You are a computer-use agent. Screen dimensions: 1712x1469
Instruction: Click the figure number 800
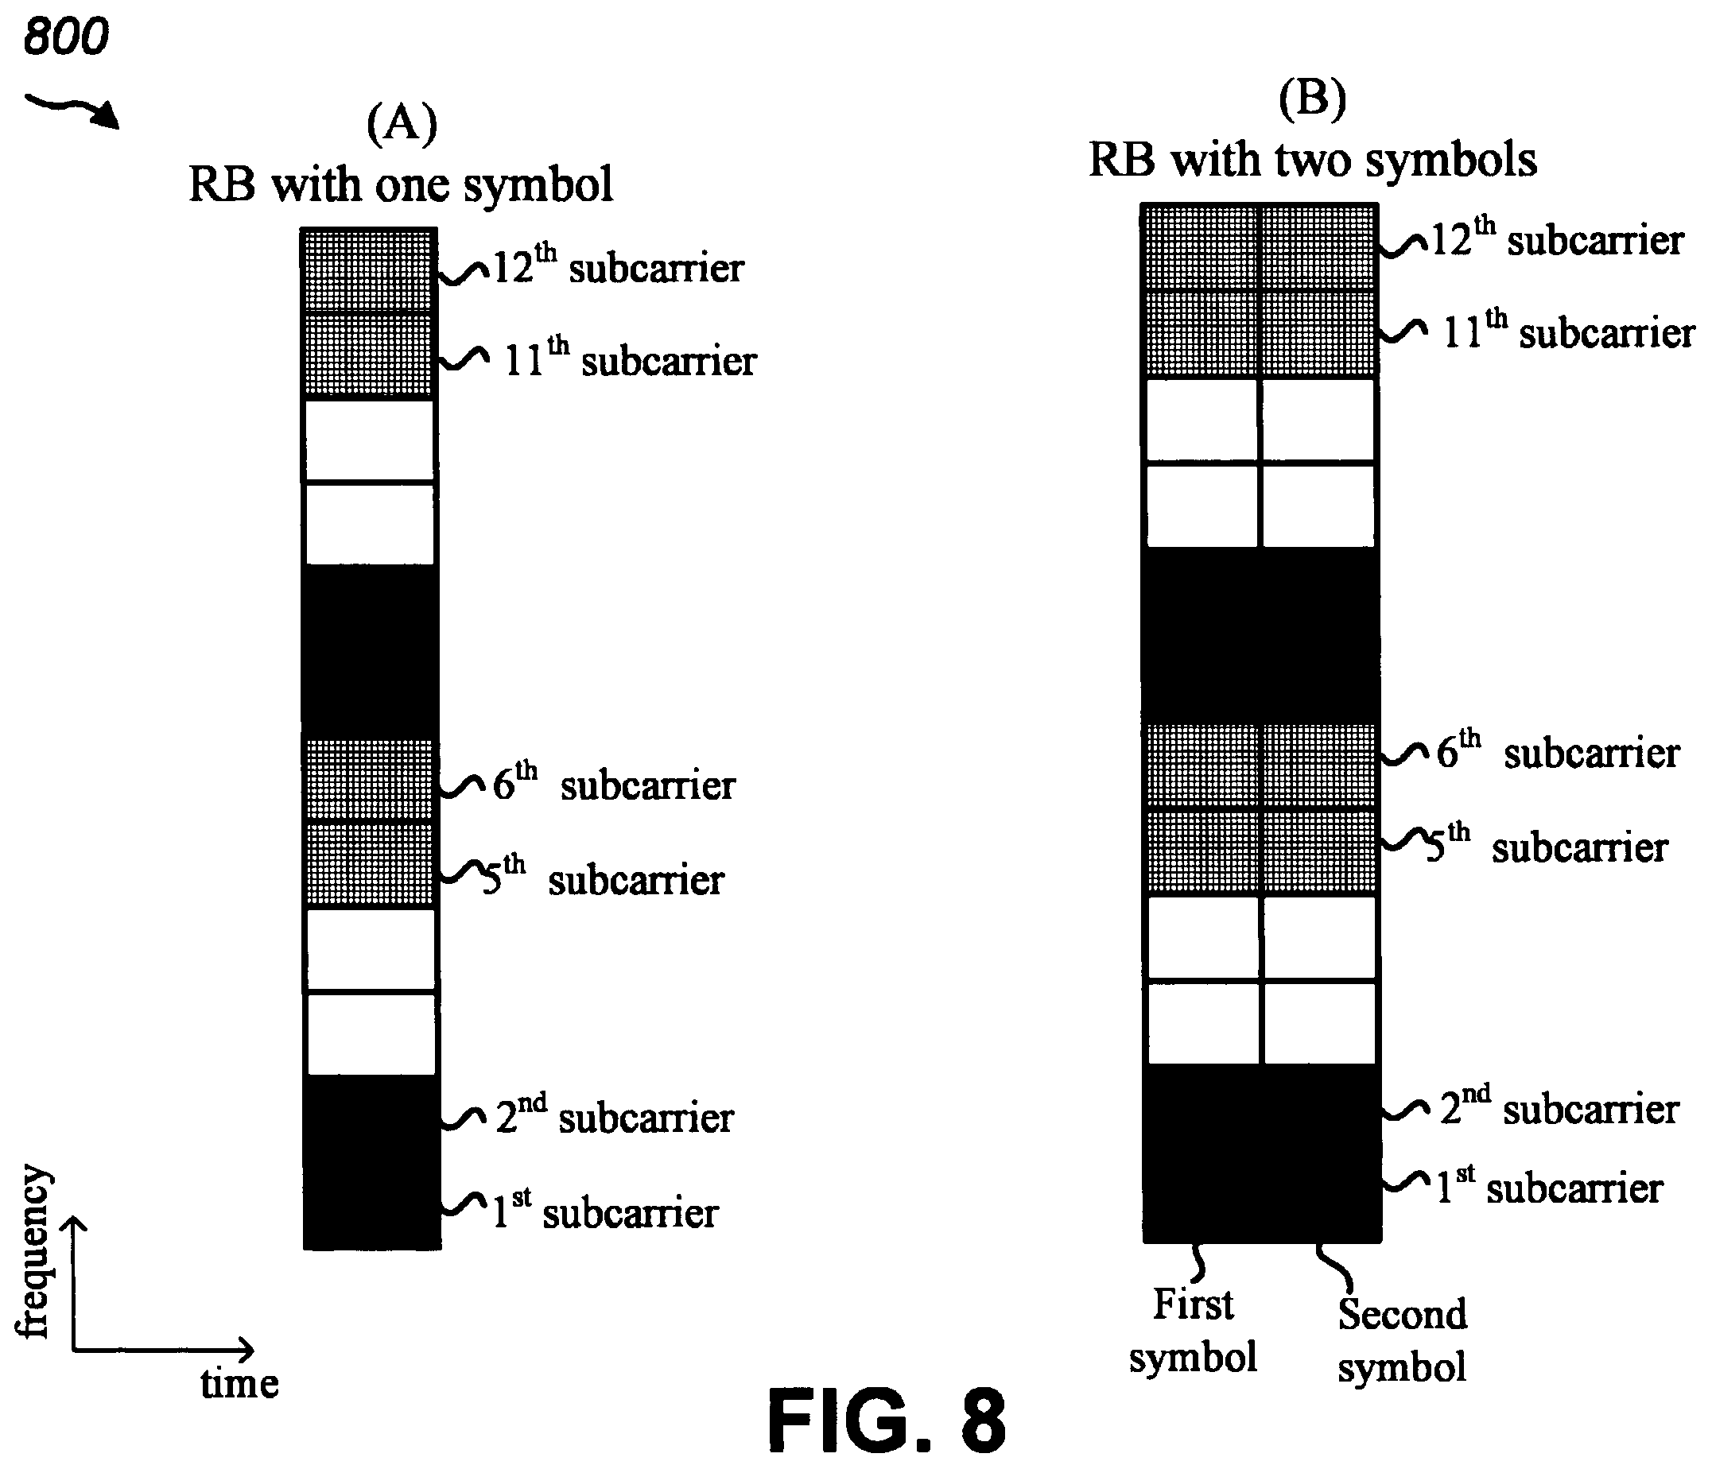66,37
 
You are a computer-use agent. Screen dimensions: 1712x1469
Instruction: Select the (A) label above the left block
402,124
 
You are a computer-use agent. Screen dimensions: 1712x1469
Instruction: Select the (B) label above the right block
1312,99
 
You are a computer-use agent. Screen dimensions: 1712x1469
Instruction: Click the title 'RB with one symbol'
401,184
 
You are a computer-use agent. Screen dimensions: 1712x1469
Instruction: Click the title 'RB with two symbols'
1313,160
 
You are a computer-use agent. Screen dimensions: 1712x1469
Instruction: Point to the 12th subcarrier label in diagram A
618,266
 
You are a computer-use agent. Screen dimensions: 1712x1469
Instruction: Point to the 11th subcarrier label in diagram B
1568,331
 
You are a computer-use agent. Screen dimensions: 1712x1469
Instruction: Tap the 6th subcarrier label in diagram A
613,782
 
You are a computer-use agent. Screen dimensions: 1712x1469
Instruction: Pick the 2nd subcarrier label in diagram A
614,1115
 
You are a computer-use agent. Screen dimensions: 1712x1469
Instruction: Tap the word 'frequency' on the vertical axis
35,1252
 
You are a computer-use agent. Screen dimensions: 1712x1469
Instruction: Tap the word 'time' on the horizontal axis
239,1384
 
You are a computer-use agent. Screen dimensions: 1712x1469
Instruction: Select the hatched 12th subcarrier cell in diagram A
368,270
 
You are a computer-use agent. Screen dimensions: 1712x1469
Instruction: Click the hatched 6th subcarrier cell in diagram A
368,780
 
